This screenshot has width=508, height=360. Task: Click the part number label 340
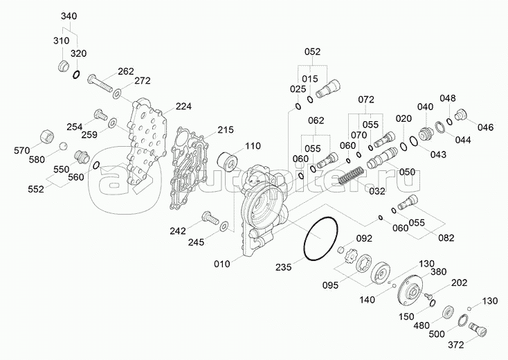click(x=69, y=15)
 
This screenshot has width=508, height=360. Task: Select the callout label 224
click(x=183, y=107)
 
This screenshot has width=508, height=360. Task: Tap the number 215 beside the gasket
click(x=226, y=129)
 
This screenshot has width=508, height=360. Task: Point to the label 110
click(x=252, y=146)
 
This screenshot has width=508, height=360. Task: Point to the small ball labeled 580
click(x=62, y=147)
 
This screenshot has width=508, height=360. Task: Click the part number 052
click(x=313, y=51)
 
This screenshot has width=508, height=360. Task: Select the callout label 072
click(x=367, y=99)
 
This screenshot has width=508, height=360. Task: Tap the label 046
click(x=486, y=127)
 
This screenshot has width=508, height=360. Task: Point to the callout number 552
click(x=35, y=188)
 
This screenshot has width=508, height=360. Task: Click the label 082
click(x=446, y=238)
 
